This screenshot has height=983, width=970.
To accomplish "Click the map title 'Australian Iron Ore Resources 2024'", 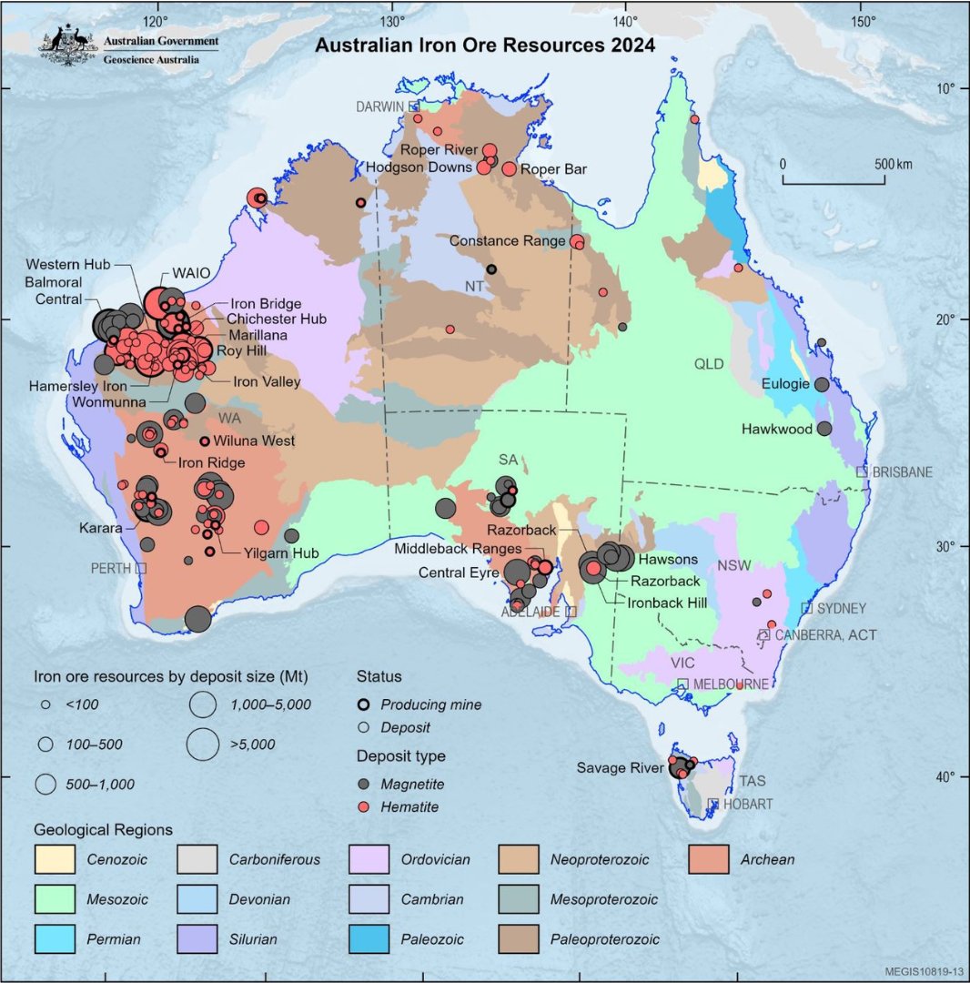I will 485,46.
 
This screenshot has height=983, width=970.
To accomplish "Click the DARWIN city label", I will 379,106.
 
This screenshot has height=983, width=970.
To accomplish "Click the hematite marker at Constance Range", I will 577,241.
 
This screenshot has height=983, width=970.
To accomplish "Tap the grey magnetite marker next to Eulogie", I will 822,385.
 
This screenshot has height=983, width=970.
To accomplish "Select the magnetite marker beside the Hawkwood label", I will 824,428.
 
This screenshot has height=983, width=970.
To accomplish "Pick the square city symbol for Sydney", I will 806,608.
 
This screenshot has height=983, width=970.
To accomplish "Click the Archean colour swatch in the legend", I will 709,859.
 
